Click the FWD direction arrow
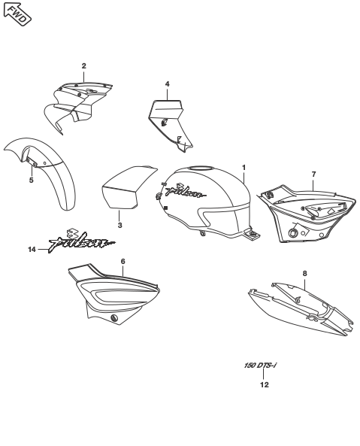tap(17, 14)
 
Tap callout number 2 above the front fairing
tap(83, 66)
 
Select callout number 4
tap(168, 84)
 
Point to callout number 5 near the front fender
tap(32, 180)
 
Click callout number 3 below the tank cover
tap(120, 226)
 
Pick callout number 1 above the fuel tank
tap(244, 168)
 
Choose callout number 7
tap(313, 174)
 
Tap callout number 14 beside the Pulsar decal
tap(32, 250)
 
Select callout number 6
tap(123, 261)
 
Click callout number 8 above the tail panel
tap(304, 274)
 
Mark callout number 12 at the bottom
tap(265, 385)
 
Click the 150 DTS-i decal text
tap(260, 366)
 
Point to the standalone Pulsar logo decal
tap(82, 241)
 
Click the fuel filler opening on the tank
tap(201, 168)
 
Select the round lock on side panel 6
tap(114, 318)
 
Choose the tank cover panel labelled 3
tap(128, 187)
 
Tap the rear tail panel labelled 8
tap(301, 308)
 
